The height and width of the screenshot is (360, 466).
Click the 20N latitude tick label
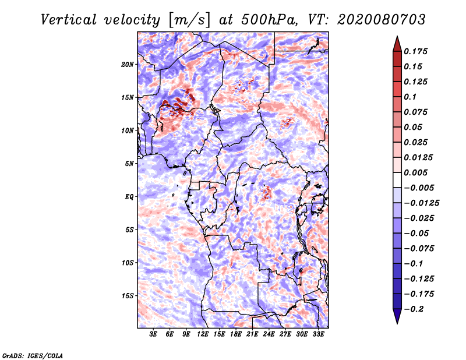128,65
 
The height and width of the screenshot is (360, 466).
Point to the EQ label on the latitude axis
129,197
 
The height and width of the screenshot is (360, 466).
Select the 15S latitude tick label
128,296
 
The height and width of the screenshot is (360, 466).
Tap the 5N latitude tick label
129,164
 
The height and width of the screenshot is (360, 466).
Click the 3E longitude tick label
153,334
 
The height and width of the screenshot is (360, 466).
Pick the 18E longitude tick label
236,334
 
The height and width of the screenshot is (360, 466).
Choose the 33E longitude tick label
318,334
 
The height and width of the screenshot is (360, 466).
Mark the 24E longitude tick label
269,334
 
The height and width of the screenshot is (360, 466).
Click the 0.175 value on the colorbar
415,51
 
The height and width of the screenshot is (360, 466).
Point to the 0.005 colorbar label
415,172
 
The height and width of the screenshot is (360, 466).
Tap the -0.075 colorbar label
419,249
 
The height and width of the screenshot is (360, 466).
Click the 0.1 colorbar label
410,97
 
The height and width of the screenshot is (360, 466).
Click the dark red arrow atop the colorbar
397,44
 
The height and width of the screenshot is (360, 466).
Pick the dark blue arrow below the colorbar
397,316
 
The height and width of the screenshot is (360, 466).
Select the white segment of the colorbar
397,180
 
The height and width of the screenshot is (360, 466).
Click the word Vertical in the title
69,20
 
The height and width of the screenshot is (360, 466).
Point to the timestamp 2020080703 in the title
382,20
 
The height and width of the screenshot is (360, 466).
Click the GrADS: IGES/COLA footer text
33,355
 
